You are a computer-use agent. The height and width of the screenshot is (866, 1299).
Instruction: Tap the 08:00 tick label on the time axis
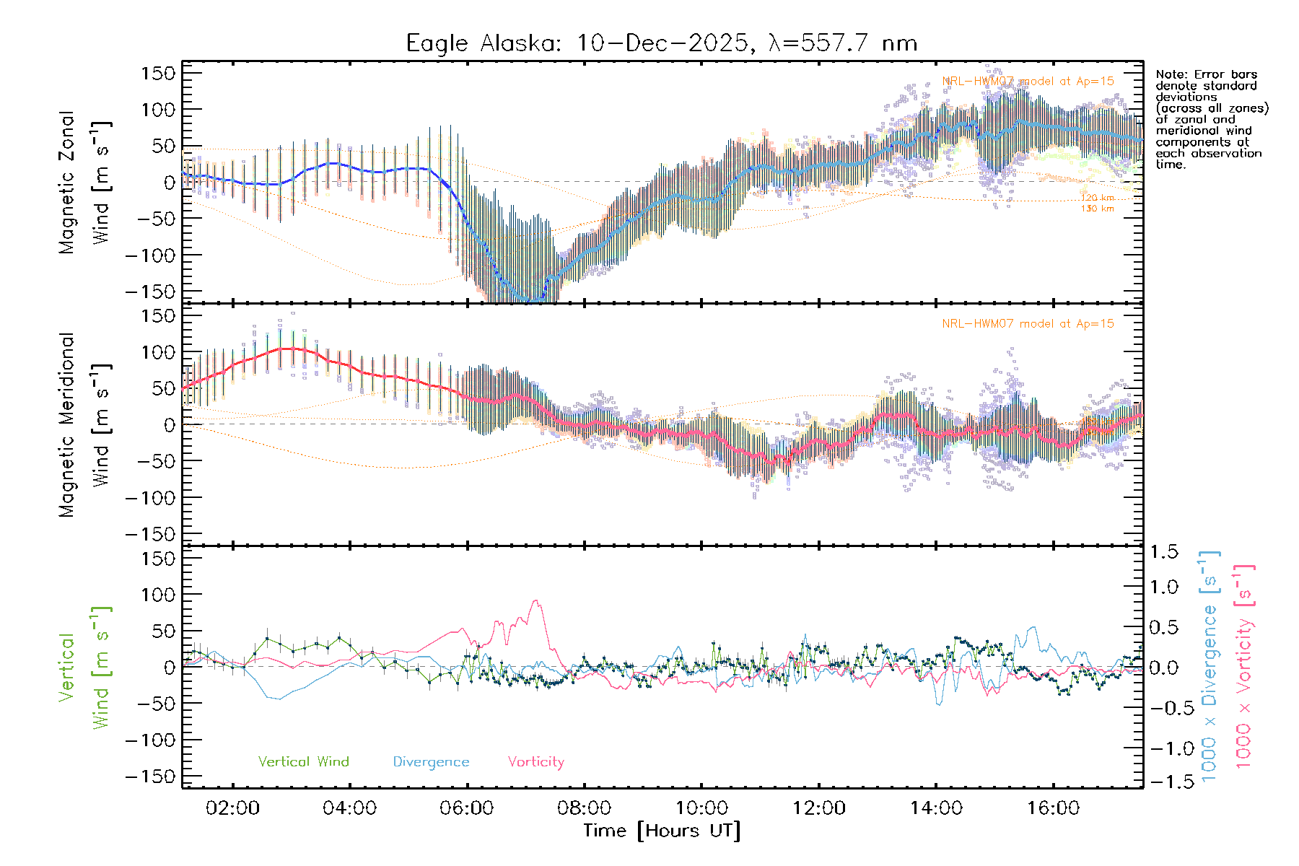[x=584, y=808]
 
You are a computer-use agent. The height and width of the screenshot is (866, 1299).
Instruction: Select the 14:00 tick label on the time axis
[x=936, y=808]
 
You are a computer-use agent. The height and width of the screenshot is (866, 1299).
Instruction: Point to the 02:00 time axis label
[x=232, y=808]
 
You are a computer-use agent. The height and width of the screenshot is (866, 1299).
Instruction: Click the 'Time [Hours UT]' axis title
[x=661, y=831]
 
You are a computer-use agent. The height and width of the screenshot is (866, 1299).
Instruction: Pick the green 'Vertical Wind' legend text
[x=303, y=762]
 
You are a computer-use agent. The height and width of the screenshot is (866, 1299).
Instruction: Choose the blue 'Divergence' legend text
[x=431, y=762]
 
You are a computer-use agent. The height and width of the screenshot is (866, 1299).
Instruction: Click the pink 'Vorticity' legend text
[x=535, y=762]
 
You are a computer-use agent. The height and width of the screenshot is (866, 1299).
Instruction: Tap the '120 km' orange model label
[x=1097, y=198]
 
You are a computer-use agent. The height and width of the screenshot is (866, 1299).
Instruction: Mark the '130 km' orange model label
[x=1097, y=209]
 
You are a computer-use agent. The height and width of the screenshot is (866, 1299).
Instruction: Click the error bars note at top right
[x=1211, y=119]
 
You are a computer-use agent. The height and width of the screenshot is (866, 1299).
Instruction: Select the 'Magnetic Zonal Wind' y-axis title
[x=85, y=182]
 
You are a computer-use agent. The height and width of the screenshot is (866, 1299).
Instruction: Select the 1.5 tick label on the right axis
[x=1163, y=552]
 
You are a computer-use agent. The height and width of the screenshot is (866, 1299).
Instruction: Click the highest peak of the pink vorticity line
[x=535, y=600]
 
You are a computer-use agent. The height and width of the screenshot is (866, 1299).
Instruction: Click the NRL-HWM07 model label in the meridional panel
[x=1028, y=324]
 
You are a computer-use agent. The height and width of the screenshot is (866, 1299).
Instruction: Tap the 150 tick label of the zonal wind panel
[x=158, y=73]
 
